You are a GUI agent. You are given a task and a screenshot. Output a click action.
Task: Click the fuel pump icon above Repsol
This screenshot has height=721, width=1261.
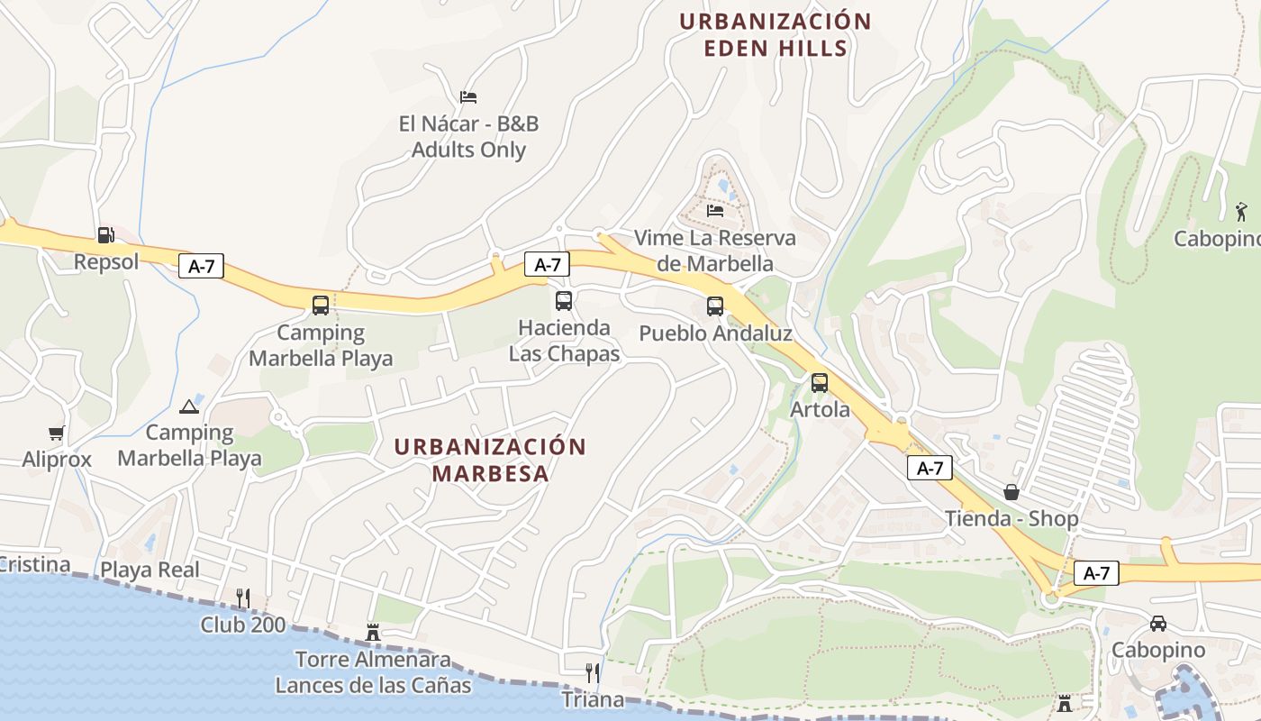click(x=106, y=235)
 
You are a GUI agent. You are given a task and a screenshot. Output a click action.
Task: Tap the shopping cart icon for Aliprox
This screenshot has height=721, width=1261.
click(x=57, y=434)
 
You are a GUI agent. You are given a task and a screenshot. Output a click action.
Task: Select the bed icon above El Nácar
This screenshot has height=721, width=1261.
click(x=468, y=96)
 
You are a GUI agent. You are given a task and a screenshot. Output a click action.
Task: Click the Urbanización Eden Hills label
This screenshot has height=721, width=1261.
click(x=776, y=34)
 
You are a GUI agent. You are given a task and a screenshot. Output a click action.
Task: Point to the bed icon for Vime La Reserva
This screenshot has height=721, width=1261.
click(x=715, y=211)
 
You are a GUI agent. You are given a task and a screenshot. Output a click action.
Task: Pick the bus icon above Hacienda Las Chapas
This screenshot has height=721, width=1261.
click(x=564, y=301)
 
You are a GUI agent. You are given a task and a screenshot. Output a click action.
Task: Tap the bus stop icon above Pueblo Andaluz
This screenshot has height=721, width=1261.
click(x=715, y=306)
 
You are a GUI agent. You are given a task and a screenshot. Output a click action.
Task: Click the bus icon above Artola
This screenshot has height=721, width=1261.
click(x=820, y=383)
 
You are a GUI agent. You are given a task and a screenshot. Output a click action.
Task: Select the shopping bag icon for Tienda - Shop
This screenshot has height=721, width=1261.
click(x=1012, y=492)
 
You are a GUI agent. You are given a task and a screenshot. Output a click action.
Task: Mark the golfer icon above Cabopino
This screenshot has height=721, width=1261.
click(x=1242, y=213)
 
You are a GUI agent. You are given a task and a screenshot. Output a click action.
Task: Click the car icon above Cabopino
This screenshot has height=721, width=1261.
click(x=1158, y=624)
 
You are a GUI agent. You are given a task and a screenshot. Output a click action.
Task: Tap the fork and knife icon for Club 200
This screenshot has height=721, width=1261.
click(x=242, y=598)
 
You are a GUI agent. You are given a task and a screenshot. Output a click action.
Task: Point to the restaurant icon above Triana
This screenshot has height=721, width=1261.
click(x=592, y=673)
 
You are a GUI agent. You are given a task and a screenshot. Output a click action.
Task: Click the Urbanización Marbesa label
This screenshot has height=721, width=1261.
click(x=491, y=460)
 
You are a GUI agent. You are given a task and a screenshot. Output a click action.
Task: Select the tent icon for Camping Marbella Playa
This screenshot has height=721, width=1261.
click(x=189, y=406)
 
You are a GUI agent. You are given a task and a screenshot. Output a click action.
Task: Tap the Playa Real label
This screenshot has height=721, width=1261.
click(x=150, y=570)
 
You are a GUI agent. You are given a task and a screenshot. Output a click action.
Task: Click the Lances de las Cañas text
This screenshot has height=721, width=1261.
click(x=373, y=685)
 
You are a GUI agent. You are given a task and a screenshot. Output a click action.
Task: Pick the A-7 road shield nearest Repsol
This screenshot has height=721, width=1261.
click(x=201, y=267)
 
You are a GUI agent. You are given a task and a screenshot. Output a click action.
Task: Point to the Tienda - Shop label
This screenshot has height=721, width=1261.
click(x=1012, y=519)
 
